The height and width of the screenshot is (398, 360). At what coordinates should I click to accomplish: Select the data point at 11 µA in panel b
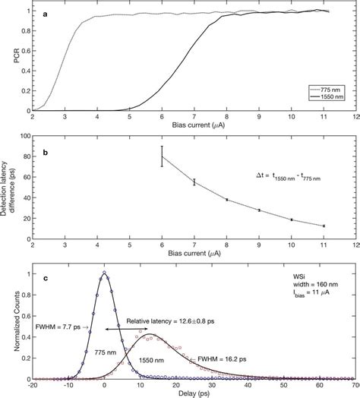tap(324, 226)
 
